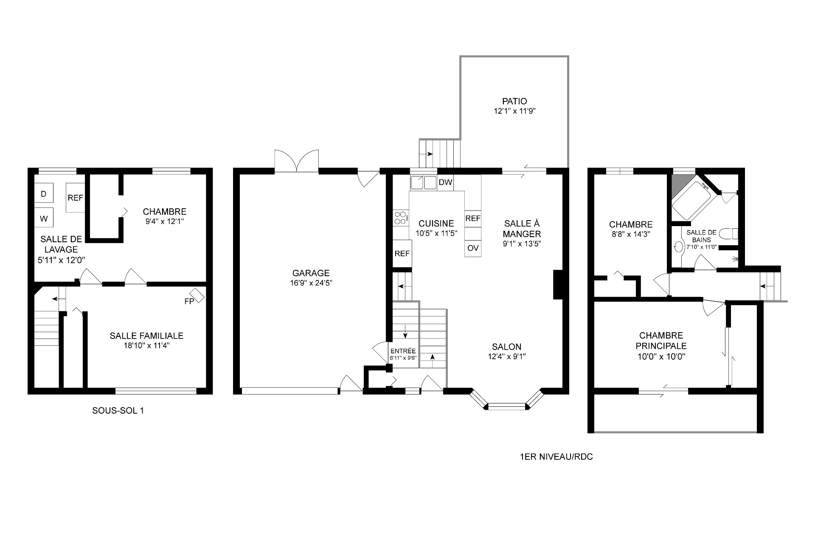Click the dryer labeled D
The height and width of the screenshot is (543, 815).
click(44, 193)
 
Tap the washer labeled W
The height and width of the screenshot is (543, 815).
click(44, 218)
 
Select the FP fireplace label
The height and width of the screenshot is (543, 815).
click(189, 302)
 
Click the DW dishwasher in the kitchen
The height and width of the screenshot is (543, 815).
click(445, 183)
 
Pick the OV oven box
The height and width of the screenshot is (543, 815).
click(473, 248)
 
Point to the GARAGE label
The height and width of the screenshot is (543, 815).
click(311, 273)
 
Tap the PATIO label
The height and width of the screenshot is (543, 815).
click(514, 101)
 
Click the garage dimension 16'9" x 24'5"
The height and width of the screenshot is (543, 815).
click(311, 283)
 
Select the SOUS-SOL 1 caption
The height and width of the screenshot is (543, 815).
click(118, 411)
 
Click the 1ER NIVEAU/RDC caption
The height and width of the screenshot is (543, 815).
click(556, 457)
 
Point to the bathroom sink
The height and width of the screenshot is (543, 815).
click(678, 246)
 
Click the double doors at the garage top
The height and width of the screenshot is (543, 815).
click(297, 161)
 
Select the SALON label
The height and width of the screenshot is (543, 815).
click(507, 347)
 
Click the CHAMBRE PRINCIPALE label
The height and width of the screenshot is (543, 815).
click(661, 341)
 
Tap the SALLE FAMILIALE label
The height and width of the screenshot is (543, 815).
click(146, 336)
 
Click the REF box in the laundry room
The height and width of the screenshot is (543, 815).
click(75, 198)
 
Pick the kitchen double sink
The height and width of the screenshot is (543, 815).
click(423, 182)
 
